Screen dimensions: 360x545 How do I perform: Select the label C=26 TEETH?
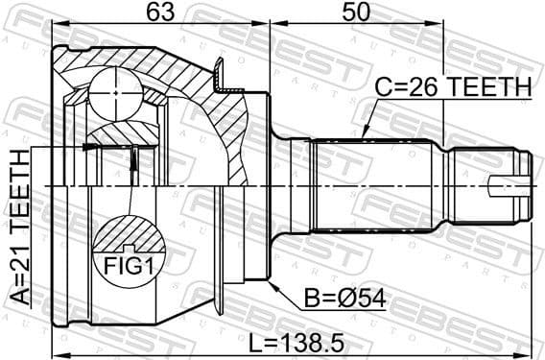(x=452, y=87)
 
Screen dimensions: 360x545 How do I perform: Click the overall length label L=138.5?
(x=295, y=341)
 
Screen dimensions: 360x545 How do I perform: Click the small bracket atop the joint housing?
(x=220, y=72)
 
